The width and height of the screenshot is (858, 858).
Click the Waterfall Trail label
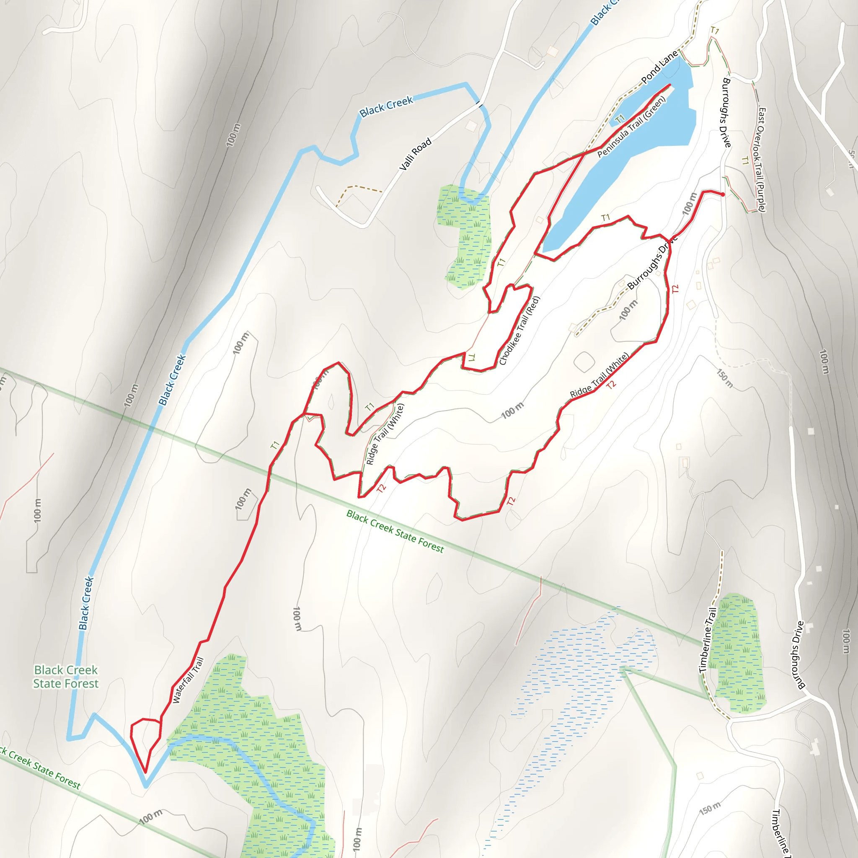pos(188,680)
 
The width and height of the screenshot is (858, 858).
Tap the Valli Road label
pos(415,154)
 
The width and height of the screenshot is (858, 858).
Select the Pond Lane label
pos(660,67)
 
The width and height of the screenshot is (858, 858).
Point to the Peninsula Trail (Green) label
pos(631,127)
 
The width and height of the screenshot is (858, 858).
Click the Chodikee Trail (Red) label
pos(519,331)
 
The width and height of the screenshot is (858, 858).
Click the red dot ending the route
pos(723,194)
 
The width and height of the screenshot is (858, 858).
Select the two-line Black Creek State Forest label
pos(66,676)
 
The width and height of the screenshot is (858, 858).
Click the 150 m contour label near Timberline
pos(710,809)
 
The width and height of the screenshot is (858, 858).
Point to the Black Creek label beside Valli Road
pos(386,107)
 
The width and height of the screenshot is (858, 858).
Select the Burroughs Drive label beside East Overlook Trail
pos(726,112)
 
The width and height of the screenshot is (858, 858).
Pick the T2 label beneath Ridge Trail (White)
pos(612,385)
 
